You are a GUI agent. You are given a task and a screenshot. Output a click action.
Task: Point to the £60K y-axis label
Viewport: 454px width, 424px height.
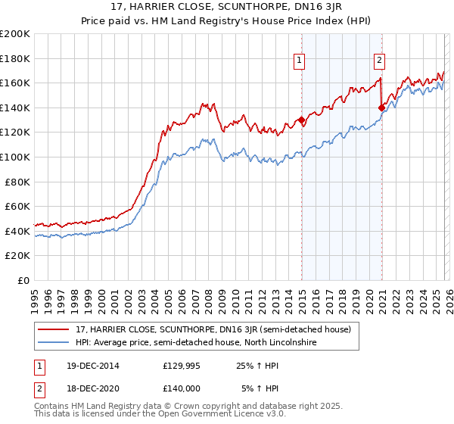17,206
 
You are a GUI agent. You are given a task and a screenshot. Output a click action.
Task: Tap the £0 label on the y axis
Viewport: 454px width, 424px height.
24,280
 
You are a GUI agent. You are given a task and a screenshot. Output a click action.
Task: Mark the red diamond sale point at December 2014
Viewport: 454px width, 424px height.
301,120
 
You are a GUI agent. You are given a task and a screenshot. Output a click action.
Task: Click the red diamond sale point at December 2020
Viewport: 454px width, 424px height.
381,108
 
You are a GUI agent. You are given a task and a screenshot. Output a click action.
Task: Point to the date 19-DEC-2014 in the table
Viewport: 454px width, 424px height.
88,366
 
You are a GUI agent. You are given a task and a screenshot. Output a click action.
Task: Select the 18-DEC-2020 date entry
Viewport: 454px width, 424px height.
88,388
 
